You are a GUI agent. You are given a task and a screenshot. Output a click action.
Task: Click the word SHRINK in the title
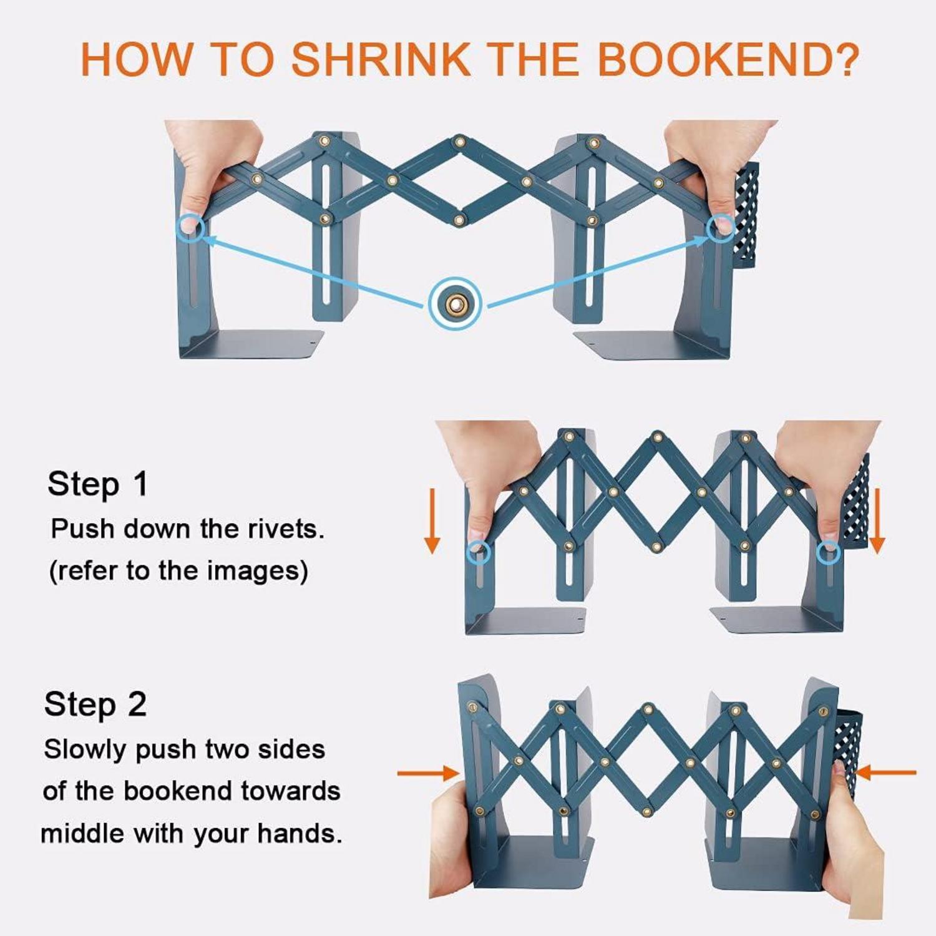pyautogui.click(x=381, y=60)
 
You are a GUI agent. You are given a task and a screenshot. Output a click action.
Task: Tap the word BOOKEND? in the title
pyautogui.click(x=729, y=60)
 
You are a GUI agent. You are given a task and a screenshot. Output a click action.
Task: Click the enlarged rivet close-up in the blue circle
pyautogui.click(x=455, y=304)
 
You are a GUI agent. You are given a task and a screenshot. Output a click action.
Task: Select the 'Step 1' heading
pyautogui.click(x=99, y=484)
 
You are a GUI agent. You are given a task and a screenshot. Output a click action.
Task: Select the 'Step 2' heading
pyautogui.click(x=95, y=704)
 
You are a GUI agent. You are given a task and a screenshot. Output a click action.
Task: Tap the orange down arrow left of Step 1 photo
pyautogui.click(x=432, y=521)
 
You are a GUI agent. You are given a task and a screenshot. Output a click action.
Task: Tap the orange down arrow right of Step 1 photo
pyautogui.click(x=877, y=521)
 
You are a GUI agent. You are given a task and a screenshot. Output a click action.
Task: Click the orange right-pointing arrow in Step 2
pyautogui.click(x=429, y=773)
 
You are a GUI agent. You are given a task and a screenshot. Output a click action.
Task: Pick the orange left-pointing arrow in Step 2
pyautogui.click(x=886, y=773)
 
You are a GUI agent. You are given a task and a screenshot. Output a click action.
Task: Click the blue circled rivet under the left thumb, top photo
pyautogui.click(x=190, y=227)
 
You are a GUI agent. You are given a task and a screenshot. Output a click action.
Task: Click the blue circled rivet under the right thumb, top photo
pyautogui.click(x=721, y=227)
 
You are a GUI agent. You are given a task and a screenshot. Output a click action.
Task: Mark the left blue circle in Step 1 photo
pyautogui.click(x=479, y=553)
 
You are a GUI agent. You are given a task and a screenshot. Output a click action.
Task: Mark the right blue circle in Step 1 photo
pyautogui.click(x=829, y=552)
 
